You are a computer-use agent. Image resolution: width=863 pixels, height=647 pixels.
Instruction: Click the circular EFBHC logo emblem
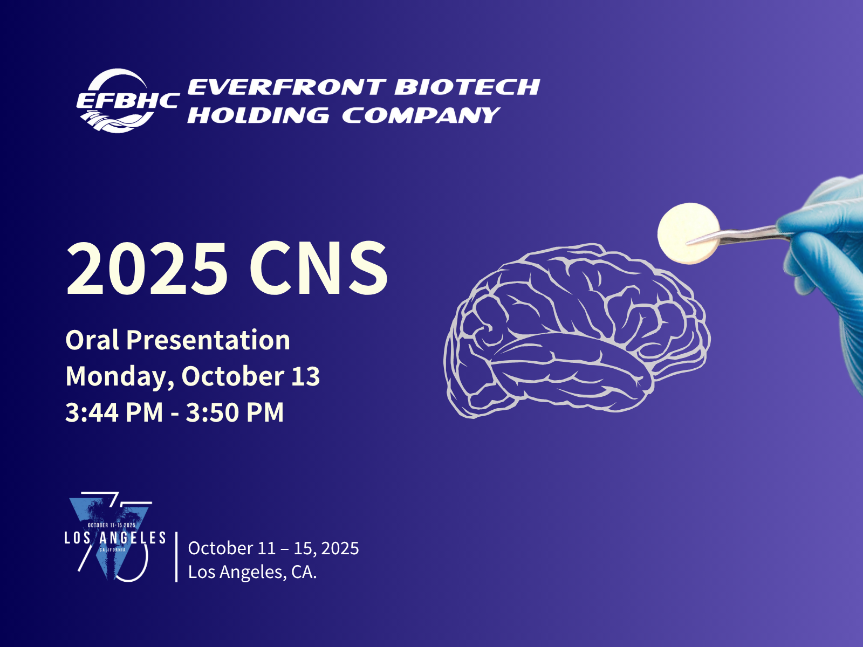[118, 101]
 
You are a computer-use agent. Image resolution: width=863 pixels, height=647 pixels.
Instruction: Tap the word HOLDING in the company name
[258, 115]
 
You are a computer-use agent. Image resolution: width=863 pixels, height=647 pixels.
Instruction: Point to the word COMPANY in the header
[421, 115]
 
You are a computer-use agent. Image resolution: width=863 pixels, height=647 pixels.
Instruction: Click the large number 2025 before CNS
[147, 268]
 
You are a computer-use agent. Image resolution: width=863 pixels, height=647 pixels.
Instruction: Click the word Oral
[92, 340]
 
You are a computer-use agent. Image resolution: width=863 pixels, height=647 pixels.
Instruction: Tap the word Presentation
[208, 341]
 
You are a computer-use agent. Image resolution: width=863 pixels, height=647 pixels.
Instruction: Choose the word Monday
[120, 377]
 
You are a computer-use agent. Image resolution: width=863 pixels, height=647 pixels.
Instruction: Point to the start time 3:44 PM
[114, 412]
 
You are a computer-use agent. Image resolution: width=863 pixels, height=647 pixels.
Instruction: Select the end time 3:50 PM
[235, 412]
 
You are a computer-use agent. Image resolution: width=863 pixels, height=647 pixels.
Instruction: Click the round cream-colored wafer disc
[688, 233]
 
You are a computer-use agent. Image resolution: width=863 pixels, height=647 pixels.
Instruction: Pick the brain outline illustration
[577, 331]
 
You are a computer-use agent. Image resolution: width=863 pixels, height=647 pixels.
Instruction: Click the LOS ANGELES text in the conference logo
[115, 538]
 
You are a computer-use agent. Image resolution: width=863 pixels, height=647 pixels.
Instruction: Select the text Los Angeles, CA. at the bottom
[252, 572]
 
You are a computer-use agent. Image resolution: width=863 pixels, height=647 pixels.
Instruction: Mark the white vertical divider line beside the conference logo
[176, 556]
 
